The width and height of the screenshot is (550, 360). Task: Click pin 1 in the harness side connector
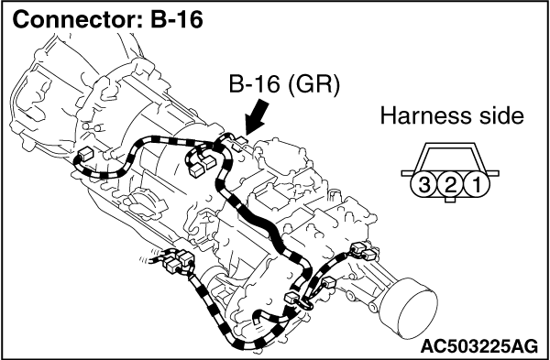[477, 184]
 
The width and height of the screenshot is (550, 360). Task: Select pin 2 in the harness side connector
[450, 184]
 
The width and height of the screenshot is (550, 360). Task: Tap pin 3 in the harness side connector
[423, 184]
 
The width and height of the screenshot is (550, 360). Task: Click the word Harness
[420, 116]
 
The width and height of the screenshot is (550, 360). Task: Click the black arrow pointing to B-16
[258, 117]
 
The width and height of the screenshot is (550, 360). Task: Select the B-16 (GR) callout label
[284, 85]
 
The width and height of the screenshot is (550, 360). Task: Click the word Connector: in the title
[77, 19]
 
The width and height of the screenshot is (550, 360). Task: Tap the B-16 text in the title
[176, 19]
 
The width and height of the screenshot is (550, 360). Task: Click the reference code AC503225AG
[479, 346]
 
